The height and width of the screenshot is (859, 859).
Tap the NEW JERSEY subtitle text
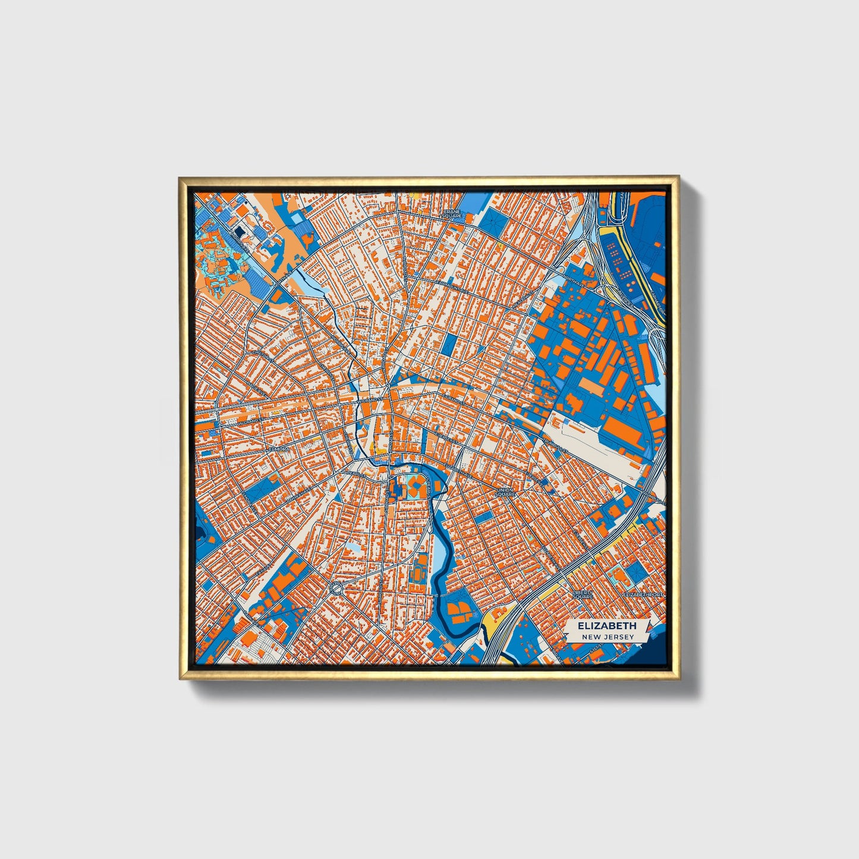point(608,637)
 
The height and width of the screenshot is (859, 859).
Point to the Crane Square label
point(452,214)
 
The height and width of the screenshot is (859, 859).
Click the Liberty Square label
point(583,594)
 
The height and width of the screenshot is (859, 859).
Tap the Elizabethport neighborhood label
point(643,594)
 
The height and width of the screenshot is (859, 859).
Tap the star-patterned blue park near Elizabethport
point(637,571)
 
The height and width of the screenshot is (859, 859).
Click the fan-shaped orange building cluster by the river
point(458,610)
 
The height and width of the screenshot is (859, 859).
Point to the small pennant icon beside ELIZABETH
point(647,627)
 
